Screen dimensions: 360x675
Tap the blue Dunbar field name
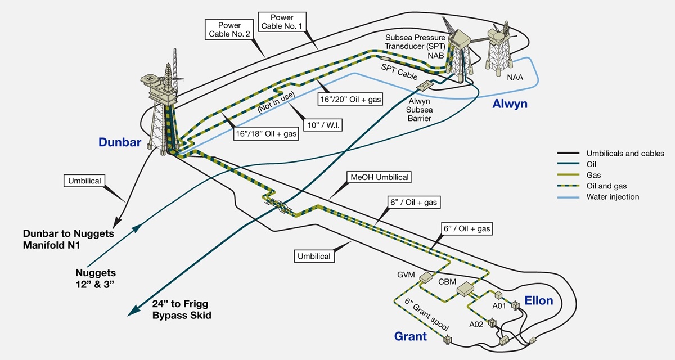[x=120, y=143]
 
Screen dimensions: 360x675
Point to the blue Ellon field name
[x=538, y=300]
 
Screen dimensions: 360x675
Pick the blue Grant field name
[x=410, y=337]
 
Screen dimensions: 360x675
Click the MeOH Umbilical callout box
[x=380, y=177]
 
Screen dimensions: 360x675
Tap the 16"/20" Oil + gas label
[x=350, y=99]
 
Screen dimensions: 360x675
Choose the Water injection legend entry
[x=613, y=197]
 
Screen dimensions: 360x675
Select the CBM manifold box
[x=466, y=289]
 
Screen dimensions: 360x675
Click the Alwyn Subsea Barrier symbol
[x=425, y=85]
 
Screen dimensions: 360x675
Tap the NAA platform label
[x=514, y=77]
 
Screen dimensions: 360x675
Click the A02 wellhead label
[x=477, y=325]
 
